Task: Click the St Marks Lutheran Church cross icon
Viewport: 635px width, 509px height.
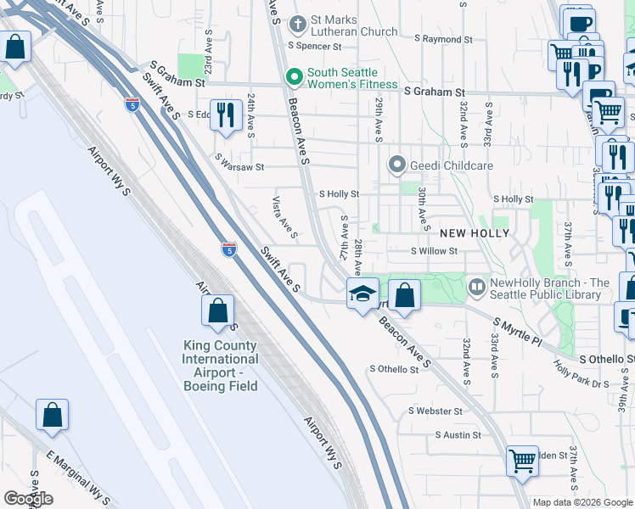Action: (296, 24)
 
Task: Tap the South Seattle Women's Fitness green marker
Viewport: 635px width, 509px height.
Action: (295, 78)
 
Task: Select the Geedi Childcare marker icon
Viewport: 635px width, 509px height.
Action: (396, 165)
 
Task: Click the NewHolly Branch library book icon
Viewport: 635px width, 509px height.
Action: (477, 288)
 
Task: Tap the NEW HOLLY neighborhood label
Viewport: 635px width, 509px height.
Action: (475, 232)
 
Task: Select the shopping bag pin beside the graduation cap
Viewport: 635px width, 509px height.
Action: (405, 296)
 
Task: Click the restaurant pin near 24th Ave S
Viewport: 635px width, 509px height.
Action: (225, 115)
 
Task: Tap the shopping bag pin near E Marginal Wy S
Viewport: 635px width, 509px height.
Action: (52, 416)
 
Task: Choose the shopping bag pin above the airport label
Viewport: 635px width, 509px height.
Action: (218, 310)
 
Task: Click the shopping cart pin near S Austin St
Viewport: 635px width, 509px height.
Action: (522, 461)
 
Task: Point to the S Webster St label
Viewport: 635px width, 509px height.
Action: (435, 411)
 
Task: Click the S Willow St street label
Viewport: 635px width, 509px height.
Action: (434, 251)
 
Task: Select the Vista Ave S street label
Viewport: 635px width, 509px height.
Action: (283, 217)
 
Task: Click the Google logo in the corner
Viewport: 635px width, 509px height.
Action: (28, 499)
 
